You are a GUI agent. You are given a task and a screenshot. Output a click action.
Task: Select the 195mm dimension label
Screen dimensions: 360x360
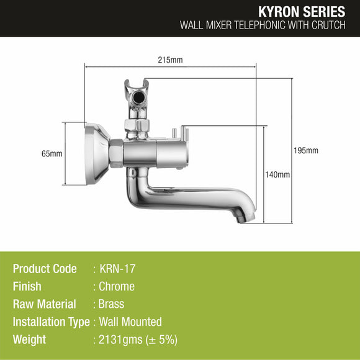pos(307,151)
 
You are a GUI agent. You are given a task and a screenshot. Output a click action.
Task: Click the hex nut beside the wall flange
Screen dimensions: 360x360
pos(115,153)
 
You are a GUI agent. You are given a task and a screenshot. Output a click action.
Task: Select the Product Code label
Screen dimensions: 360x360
pos(45,269)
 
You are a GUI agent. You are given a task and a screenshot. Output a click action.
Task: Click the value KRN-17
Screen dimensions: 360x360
pos(117,269)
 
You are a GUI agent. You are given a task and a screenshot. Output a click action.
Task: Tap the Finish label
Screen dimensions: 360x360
pos(27,287)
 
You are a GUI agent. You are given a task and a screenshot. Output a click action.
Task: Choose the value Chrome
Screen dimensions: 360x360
pos(117,287)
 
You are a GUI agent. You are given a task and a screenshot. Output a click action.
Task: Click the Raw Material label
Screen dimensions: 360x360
pos(44,304)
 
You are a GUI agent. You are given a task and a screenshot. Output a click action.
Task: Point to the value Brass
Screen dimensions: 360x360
pos(112,304)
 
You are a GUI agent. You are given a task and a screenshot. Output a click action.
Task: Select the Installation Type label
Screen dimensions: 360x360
pos(51,322)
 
